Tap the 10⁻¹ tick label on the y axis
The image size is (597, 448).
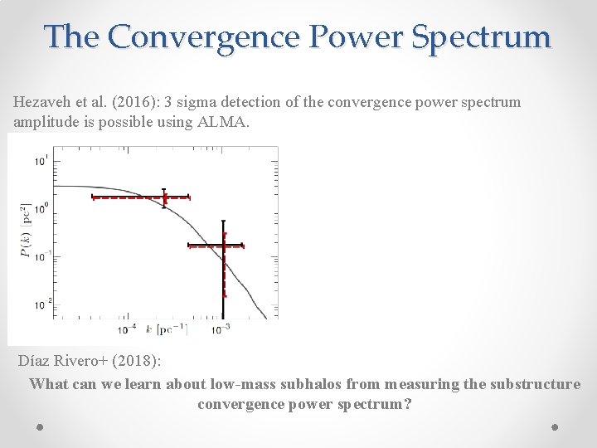pos(41,256)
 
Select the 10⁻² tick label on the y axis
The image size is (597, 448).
pos(41,304)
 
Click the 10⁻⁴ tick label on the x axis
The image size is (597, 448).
pos(128,329)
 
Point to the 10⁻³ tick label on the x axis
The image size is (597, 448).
pos(221,329)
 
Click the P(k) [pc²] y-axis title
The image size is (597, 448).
pos(27,231)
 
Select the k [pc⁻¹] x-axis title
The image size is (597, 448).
pos(167,329)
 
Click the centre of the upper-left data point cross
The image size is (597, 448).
pos(164,197)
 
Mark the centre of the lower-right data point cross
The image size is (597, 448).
pos(223,246)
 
